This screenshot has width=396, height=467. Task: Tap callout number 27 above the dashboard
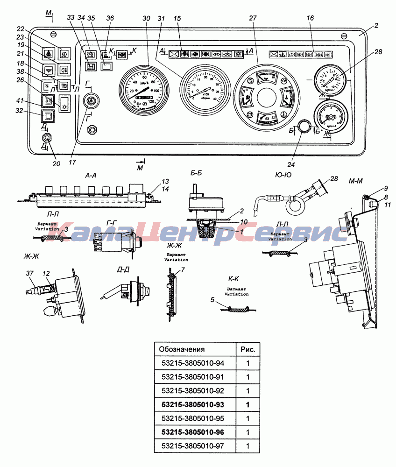pos(253,18)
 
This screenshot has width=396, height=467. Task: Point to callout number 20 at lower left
pos(56,164)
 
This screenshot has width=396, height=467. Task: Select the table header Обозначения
pos(182,349)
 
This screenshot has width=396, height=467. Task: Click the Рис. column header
pos(247,349)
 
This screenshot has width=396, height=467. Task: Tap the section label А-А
pos(91,176)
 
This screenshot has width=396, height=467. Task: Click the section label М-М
pos(356,180)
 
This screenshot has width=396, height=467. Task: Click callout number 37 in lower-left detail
pos(30,274)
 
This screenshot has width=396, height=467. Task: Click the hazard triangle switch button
pos(48,53)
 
